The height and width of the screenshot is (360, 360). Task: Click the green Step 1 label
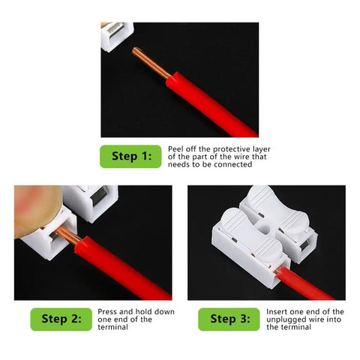pyautogui.click(x=130, y=156)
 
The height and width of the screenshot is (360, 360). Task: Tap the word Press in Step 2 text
pyautogui.click(x=107, y=311)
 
